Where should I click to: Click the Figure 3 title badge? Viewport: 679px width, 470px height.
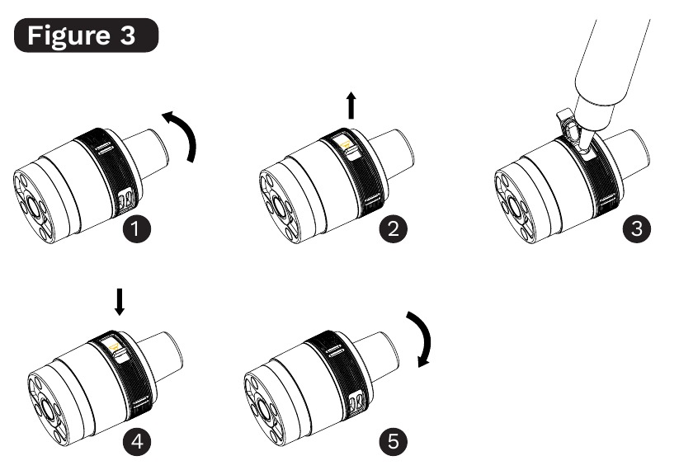pyautogui.click(x=86, y=35)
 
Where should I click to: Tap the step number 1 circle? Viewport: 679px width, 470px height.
pyautogui.click(x=136, y=228)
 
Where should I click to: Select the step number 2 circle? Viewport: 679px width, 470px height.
pyautogui.click(x=394, y=228)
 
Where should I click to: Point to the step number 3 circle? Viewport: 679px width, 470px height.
pyautogui.click(x=637, y=228)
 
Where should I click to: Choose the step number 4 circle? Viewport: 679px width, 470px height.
pyautogui.click(x=136, y=442)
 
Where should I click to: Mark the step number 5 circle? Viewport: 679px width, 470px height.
pyautogui.click(x=394, y=442)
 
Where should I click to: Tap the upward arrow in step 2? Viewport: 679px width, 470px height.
pyautogui.click(x=351, y=106)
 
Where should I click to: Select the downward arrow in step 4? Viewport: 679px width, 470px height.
pyautogui.click(x=120, y=302)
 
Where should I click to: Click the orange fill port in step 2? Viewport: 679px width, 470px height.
pyautogui.click(x=346, y=144)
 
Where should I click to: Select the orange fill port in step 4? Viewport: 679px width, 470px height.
pyautogui.click(x=115, y=345)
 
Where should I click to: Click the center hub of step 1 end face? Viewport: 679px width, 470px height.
pyautogui.click(x=31, y=204)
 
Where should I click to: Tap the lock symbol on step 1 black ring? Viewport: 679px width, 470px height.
pyautogui.click(x=127, y=199)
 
